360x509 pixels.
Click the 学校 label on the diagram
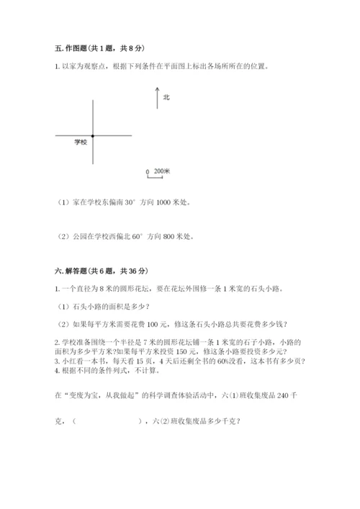coord(80,142)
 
